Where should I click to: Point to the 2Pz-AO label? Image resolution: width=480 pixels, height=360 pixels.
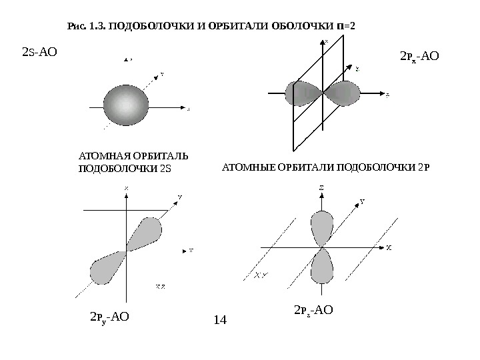tap(313, 309)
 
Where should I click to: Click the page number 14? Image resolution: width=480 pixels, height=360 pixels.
tap(220, 320)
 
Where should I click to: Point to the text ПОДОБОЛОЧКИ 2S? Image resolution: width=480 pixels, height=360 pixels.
tap(125, 167)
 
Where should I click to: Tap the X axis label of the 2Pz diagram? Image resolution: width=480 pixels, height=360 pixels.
tap(389, 247)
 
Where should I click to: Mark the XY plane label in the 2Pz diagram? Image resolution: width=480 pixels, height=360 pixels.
tap(261, 274)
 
